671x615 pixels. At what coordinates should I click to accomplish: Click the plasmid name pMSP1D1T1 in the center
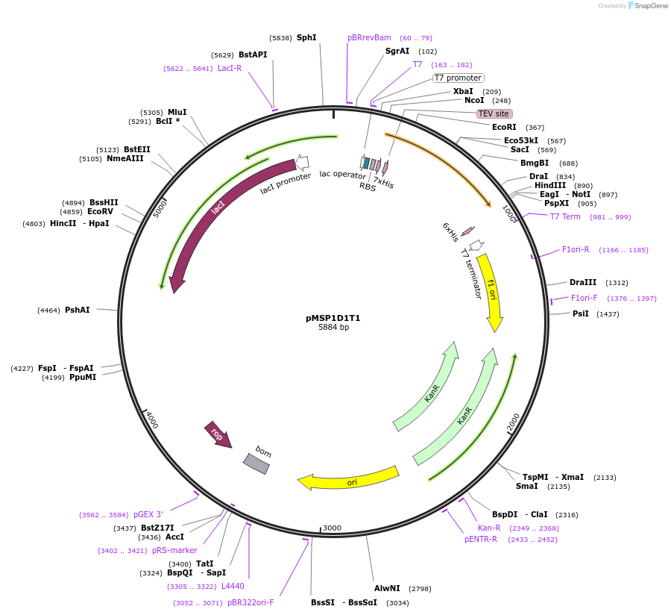[333, 318]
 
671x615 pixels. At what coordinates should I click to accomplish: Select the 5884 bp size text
[333, 327]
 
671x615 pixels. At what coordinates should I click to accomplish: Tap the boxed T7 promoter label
[458, 78]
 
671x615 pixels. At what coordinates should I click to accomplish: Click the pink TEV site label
[494, 113]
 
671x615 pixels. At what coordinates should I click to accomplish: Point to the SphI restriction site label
[306, 37]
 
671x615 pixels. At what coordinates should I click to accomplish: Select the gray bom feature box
[256, 463]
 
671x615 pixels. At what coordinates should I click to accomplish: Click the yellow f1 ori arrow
[491, 293]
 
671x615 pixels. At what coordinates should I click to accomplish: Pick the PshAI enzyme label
[78, 310]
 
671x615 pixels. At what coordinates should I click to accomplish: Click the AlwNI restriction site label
[387, 588]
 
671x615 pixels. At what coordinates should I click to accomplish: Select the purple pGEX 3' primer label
[148, 514]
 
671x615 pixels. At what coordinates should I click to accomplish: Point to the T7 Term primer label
[565, 216]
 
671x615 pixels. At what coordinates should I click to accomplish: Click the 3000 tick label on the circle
[332, 528]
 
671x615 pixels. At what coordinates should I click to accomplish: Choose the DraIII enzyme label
[583, 282]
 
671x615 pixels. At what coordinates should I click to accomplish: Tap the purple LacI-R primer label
[230, 68]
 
